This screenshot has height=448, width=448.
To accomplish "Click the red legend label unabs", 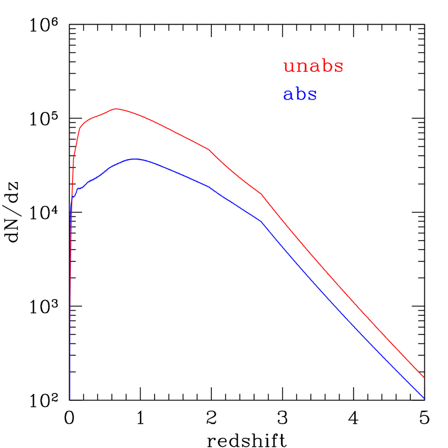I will click(313, 66).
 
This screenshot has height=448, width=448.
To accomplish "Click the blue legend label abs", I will click(300, 94).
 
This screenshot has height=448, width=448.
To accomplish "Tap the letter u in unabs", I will click(289, 67).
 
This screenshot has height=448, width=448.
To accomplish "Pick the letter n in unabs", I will click(302, 67).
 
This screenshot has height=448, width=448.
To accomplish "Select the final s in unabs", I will click(338, 67).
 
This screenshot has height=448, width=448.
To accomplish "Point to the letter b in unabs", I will click(327, 66).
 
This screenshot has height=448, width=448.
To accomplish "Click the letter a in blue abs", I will click(288, 96).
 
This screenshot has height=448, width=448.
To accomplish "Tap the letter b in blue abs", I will click(300, 94).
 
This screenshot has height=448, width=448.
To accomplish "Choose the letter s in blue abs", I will click(312, 96).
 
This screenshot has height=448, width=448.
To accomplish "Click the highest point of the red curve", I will click(116, 108).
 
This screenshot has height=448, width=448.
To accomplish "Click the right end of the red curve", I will click(423, 378).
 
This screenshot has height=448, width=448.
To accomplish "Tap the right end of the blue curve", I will click(424, 398).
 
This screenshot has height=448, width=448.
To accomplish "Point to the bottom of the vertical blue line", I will click(70, 399).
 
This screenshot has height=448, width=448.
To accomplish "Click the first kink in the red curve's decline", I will click(209, 150).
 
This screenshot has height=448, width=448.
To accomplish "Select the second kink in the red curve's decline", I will click(262, 194).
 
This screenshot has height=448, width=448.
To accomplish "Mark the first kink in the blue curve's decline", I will click(209, 187).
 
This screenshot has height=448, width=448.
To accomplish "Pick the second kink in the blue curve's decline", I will click(262, 222).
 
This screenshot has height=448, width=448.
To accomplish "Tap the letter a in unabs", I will click(314, 67).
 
